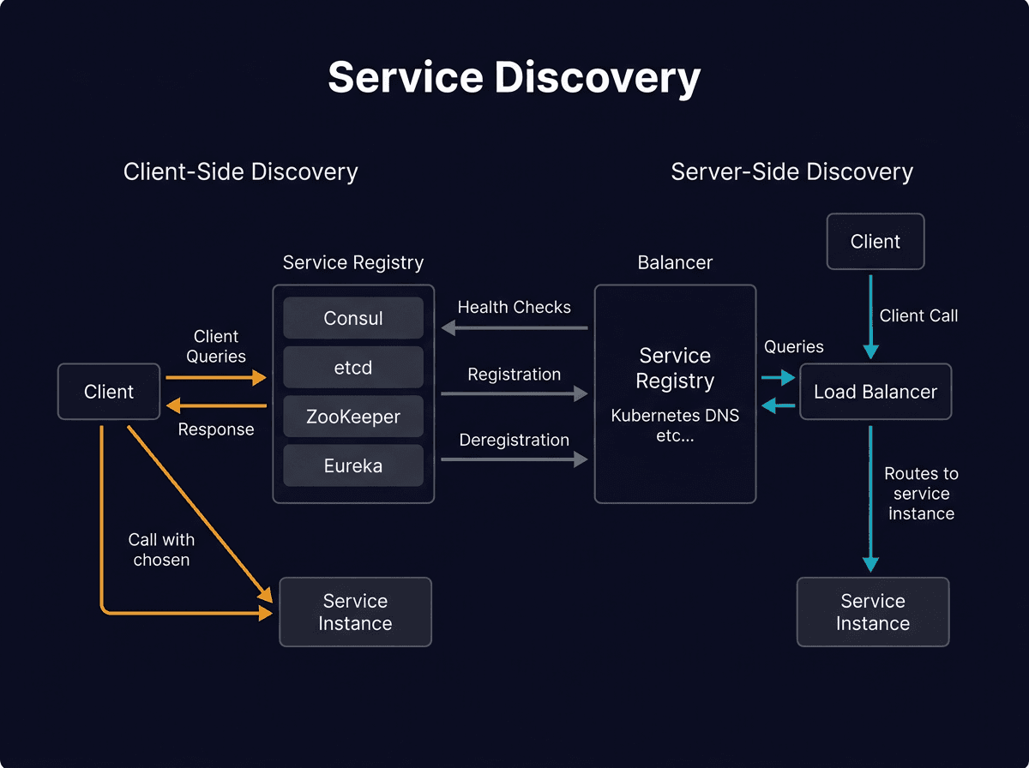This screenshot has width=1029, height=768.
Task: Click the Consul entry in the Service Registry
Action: (353, 318)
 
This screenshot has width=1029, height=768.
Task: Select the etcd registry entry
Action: (353, 368)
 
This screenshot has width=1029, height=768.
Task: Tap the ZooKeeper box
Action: (353, 417)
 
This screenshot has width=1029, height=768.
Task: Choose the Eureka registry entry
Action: (353, 466)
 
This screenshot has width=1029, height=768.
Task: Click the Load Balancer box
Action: (876, 393)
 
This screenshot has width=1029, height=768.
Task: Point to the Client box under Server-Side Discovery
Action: (876, 242)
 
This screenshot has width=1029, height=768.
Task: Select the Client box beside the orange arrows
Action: (109, 392)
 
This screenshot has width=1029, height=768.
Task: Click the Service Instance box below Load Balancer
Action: (873, 612)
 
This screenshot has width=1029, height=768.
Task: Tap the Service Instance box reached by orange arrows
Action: (355, 612)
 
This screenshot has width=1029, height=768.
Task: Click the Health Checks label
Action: (514, 308)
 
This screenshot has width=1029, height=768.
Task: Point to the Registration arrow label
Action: (514, 375)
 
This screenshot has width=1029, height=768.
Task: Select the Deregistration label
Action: (514, 441)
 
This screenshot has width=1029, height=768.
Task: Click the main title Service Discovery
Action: (514, 78)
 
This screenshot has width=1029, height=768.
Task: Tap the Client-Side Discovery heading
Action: (240, 171)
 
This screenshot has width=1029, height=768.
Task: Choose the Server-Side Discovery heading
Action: (791, 171)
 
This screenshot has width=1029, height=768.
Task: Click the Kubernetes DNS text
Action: (675, 417)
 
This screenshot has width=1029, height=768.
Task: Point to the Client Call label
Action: (918, 316)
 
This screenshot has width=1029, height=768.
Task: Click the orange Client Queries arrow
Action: (216, 377)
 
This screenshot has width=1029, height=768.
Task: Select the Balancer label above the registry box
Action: (675, 262)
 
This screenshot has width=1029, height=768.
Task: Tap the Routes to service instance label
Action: (921, 494)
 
